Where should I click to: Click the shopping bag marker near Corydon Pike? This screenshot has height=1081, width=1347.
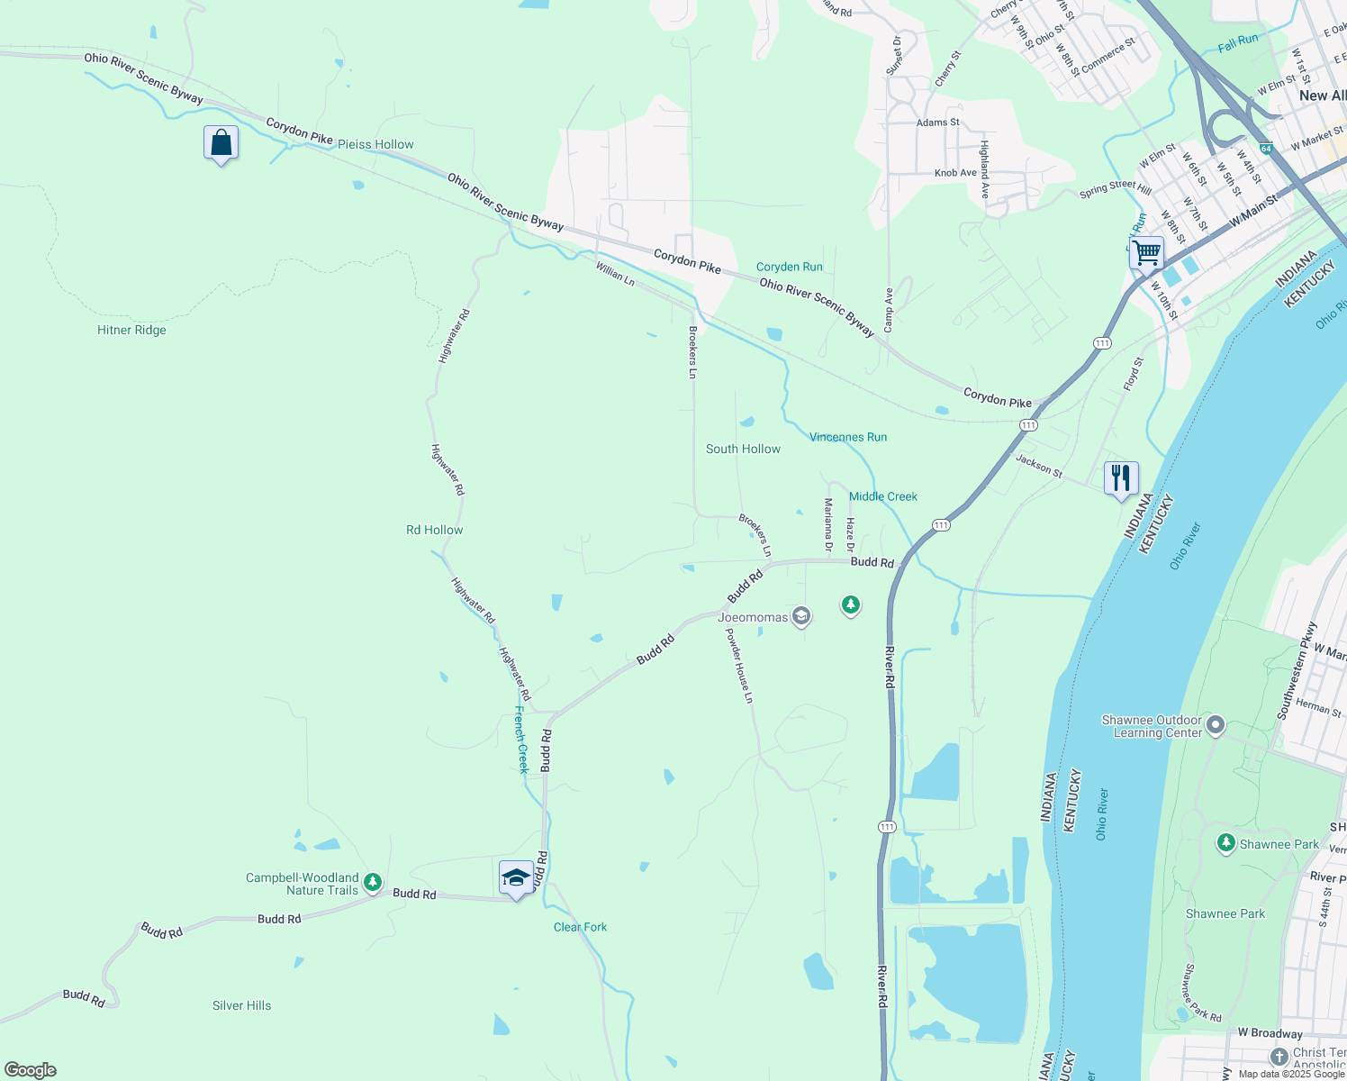click(x=221, y=143)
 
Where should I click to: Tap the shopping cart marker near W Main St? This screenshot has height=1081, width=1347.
click(x=1146, y=253)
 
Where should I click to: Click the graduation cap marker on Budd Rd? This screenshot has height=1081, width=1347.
click(x=516, y=878)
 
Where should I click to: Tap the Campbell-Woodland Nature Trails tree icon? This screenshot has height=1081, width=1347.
click(x=373, y=884)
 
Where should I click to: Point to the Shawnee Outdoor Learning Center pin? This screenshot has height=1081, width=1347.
click(x=1216, y=724)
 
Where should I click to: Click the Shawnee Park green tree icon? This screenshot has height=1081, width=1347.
click(x=1225, y=844)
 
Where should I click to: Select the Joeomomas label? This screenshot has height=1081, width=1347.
click(x=753, y=617)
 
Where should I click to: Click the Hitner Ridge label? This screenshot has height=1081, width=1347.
click(x=131, y=330)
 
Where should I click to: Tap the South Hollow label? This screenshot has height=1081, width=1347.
click(x=743, y=449)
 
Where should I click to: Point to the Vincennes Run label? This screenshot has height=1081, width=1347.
click(x=847, y=437)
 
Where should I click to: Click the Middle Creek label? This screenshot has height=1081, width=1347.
click(x=882, y=496)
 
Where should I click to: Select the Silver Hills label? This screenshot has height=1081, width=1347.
click(x=241, y=1005)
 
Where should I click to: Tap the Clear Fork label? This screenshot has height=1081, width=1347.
click(x=580, y=927)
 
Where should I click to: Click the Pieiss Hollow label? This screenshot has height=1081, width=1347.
click(x=375, y=144)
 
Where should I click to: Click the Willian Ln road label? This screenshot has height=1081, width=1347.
click(x=615, y=274)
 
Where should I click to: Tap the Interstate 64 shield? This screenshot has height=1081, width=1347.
click(x=1266, y=148)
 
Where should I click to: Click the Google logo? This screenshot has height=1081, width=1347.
click(x=31, y=1070)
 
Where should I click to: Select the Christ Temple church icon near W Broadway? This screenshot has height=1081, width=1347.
click(x=1279, y=1056)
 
